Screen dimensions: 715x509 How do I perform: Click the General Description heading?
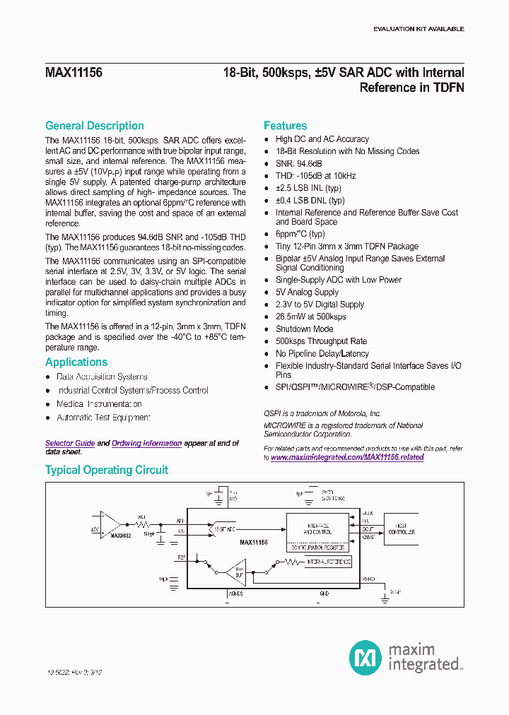(x=94, y=126)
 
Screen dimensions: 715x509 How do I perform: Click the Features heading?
(x=285, y=126)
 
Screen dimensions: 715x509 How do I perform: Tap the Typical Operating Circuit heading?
(x=107, y=470)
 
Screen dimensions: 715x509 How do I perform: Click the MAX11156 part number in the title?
(x=74, y=72)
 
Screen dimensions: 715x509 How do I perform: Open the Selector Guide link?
(x=70, y=443)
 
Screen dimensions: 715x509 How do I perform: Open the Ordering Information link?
(x=146, y=443)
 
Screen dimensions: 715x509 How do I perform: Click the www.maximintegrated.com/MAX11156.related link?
(x=347, y=457)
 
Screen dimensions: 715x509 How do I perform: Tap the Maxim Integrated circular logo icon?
(x=365, y=656)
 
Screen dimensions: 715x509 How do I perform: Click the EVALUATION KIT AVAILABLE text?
(x=419, y=29)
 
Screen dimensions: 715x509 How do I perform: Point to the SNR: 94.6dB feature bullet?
(x=298, y=163)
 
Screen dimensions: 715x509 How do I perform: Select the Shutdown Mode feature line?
(x=304, y=329)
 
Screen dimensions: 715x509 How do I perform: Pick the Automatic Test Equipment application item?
(x=103, y=418)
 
